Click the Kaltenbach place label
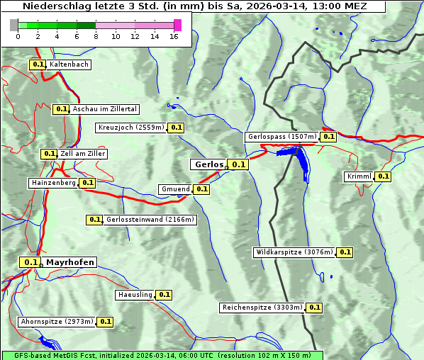pos(69,64)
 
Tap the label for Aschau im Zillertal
pos(104,109)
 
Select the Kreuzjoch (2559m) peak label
pos(131,128)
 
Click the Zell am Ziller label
pos(82,154)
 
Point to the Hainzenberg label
pos(53,183)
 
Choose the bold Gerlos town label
pos(208,164)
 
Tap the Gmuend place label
pos(175,189)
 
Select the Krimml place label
pos(359,176)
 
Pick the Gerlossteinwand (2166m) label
pos(150,220)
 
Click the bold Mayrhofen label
pos(69,262)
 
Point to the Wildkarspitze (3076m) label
pos(294,252)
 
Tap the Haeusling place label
pos(135,295)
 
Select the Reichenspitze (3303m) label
pos(262,308)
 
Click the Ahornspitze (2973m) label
pos(57,322)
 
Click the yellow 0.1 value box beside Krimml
pos(383,176)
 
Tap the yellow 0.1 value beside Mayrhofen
pos(30,262)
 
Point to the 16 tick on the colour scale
pos(174,36)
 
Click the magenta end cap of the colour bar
pos(177,25)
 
